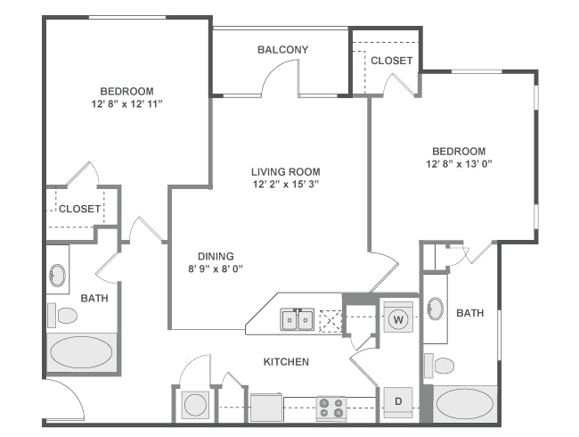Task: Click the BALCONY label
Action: pos(282,50)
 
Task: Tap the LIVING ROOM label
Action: pos(285,171)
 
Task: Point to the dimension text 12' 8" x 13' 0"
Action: pos(459,164)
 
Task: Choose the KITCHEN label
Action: pos(286,361)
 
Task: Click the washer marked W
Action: pos(398,318)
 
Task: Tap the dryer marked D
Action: pos(398,402)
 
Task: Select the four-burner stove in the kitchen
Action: pos(331,408)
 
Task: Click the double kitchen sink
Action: pos(297,318)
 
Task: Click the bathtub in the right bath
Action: pos(465,404)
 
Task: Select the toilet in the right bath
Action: pos(441,365)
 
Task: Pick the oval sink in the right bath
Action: pos(435,309)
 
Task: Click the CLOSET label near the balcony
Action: pos(392,61)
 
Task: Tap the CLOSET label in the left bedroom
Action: pos(80,209)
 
